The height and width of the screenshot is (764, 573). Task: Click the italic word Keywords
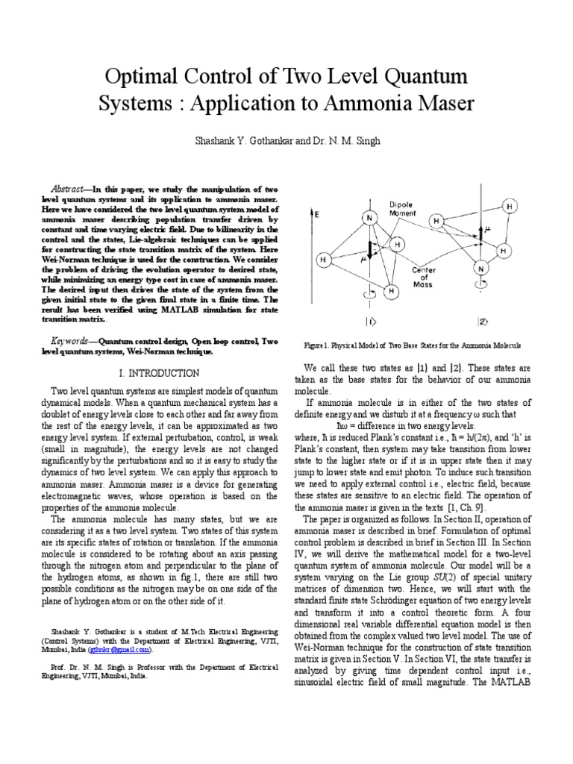click(x=72, y=340)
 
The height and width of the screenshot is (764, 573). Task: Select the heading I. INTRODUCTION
click(x=159, y=372)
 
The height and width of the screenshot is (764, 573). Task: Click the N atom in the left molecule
click(x=368, y=217)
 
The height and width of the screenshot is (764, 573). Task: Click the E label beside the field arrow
click(x=316, y=213)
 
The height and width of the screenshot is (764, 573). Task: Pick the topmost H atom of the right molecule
click(x=510, y=205)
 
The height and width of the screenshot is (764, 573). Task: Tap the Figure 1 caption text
click(x=413, y=347)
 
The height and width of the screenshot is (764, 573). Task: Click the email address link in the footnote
click(x=128, y=649)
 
